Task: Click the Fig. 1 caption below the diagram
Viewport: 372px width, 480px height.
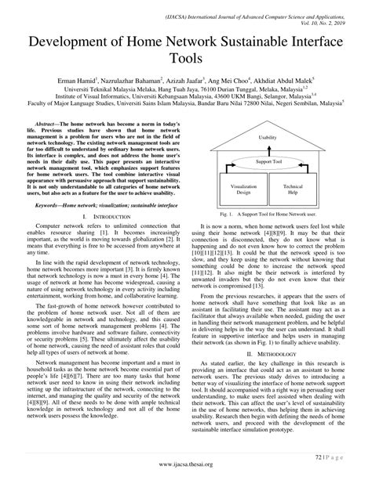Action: click(268, 213)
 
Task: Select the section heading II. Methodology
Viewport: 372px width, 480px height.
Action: click(268, 354)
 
